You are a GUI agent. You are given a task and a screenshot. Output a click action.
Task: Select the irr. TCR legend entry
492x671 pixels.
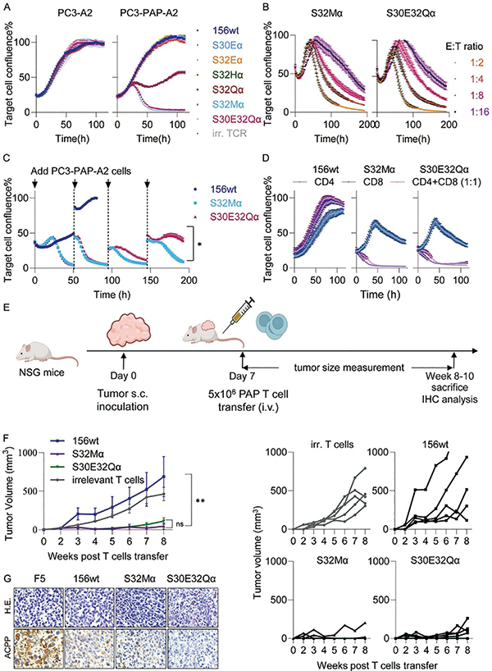click(x=230, y=133)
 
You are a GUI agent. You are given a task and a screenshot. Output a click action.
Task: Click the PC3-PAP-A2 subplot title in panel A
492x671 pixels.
click(x=149, y=13)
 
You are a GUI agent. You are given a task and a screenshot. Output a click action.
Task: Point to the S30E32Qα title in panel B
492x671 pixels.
click(x=411, y=13)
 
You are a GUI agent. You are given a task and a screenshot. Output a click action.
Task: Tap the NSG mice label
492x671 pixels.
click(x=42, y=372)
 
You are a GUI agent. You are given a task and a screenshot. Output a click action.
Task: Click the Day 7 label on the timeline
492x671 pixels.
click(x=244, y=376)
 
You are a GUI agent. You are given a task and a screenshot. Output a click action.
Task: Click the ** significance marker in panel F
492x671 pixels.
click(x=200, y=500)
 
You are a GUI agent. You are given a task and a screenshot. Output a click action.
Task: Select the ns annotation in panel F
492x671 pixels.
click(x=180, y=524)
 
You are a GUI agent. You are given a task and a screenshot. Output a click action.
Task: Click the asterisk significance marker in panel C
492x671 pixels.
click(x=199, y=244)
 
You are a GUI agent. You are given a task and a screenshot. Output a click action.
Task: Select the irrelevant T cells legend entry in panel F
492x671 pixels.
click(x=108, y=480)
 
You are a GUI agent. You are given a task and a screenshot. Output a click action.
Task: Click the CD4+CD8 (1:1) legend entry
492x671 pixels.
click(x=446, y=182)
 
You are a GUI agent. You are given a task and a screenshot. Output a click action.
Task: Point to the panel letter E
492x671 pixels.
click(x=6, y=308)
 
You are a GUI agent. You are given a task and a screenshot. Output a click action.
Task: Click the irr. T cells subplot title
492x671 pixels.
click(x=332, y=445)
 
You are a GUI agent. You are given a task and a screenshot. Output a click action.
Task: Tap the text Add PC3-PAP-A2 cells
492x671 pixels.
click(x=81, y=171)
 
